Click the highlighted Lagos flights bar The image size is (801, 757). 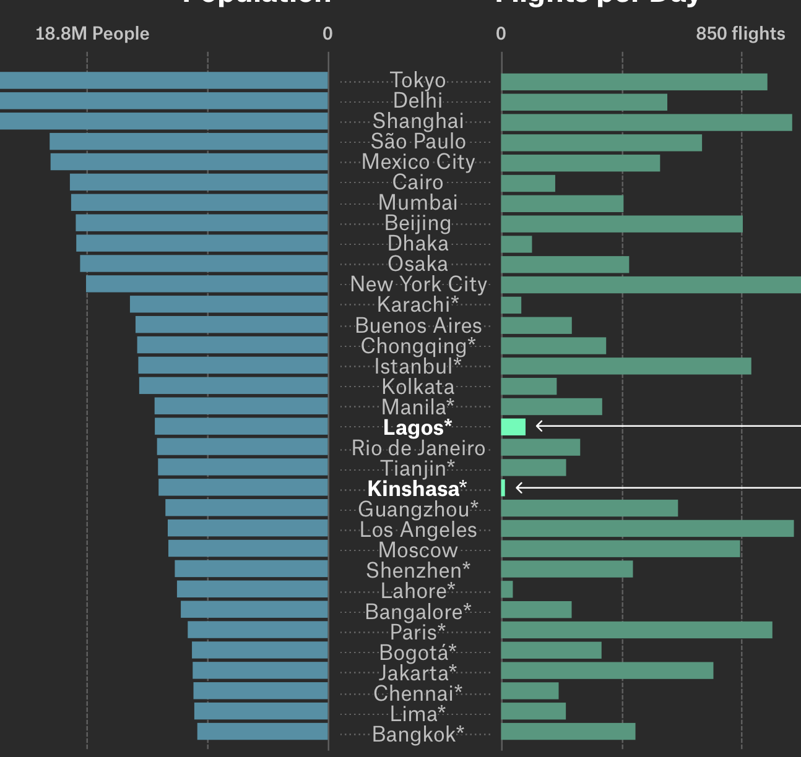(x=513, y=427)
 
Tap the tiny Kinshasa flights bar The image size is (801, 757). (x=503, y=488)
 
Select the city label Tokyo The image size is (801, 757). (x=418, y=80)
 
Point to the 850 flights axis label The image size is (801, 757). (x=740, y=33)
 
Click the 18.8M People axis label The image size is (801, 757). (x=92, y=33)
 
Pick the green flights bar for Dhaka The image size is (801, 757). (x=516, y=244)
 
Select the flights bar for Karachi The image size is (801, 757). (x=511, y=306)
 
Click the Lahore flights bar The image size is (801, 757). (x=507, y=589)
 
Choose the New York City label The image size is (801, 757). (x=418, y=284)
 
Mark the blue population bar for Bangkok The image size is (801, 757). (x=262, y=731)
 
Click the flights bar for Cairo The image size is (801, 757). (x=528, y=183)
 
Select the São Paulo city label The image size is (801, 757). (x=418, y=142)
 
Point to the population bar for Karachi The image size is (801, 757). (x=228, y=304)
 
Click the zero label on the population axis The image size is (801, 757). (x=327, y=33)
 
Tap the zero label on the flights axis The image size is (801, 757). (x=501, y=33)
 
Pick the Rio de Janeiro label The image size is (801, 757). (x=418, y=448)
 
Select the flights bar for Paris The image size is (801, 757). (x=636, y=630)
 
